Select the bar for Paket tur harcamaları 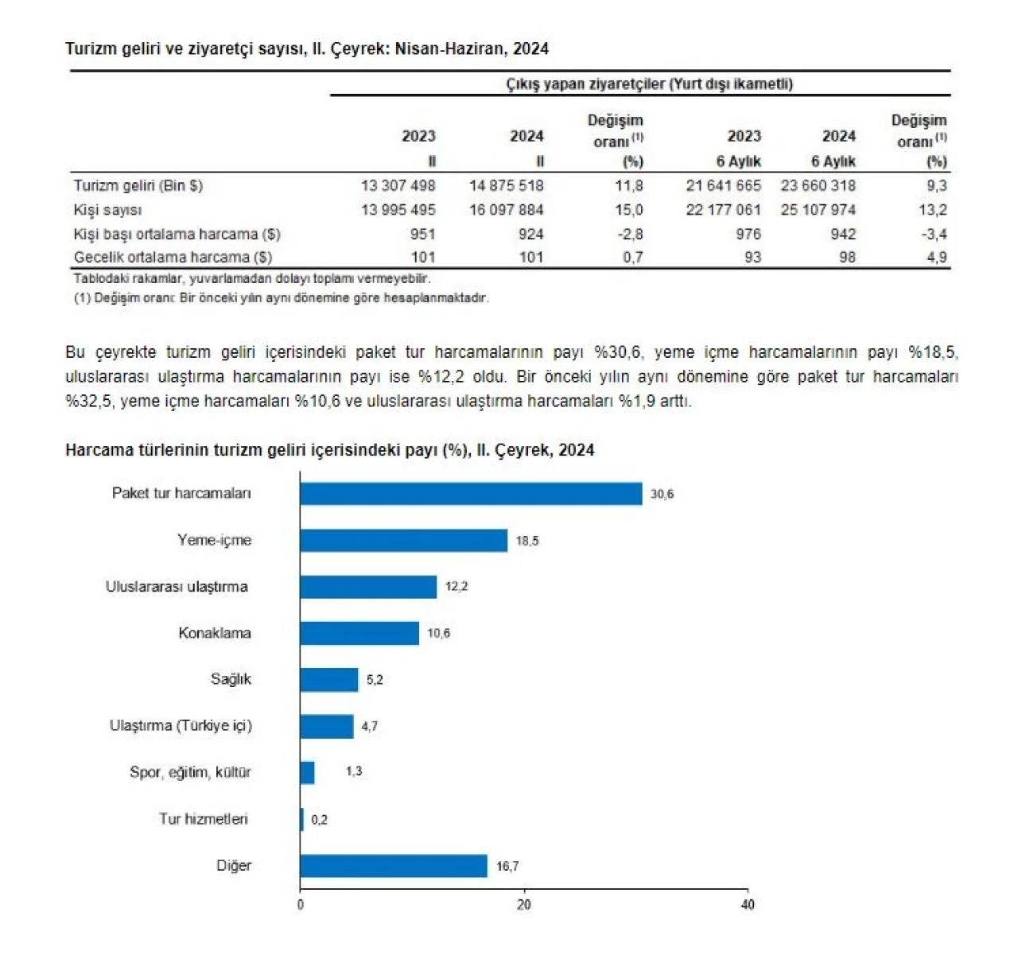pos(471,494)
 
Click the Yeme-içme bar pos(403,541)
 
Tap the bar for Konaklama pos(359,634)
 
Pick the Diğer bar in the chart pos(394,866)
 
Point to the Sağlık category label pos(231,679)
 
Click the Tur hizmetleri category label pos(204,819)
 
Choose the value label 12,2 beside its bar pos(457,587)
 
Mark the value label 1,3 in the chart pos(354,771)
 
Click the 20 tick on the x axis pos(523,905)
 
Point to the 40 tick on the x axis pos(748,905)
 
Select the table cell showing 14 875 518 pos(507,186)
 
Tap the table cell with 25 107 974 pos(818,210)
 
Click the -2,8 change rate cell pos(630,235)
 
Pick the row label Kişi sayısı pos(107,210)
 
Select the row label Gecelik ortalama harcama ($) pos(173,258)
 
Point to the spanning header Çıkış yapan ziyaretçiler pos(649,84)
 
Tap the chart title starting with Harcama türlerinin pos(329,450)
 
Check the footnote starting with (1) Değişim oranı pos(281,298)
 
